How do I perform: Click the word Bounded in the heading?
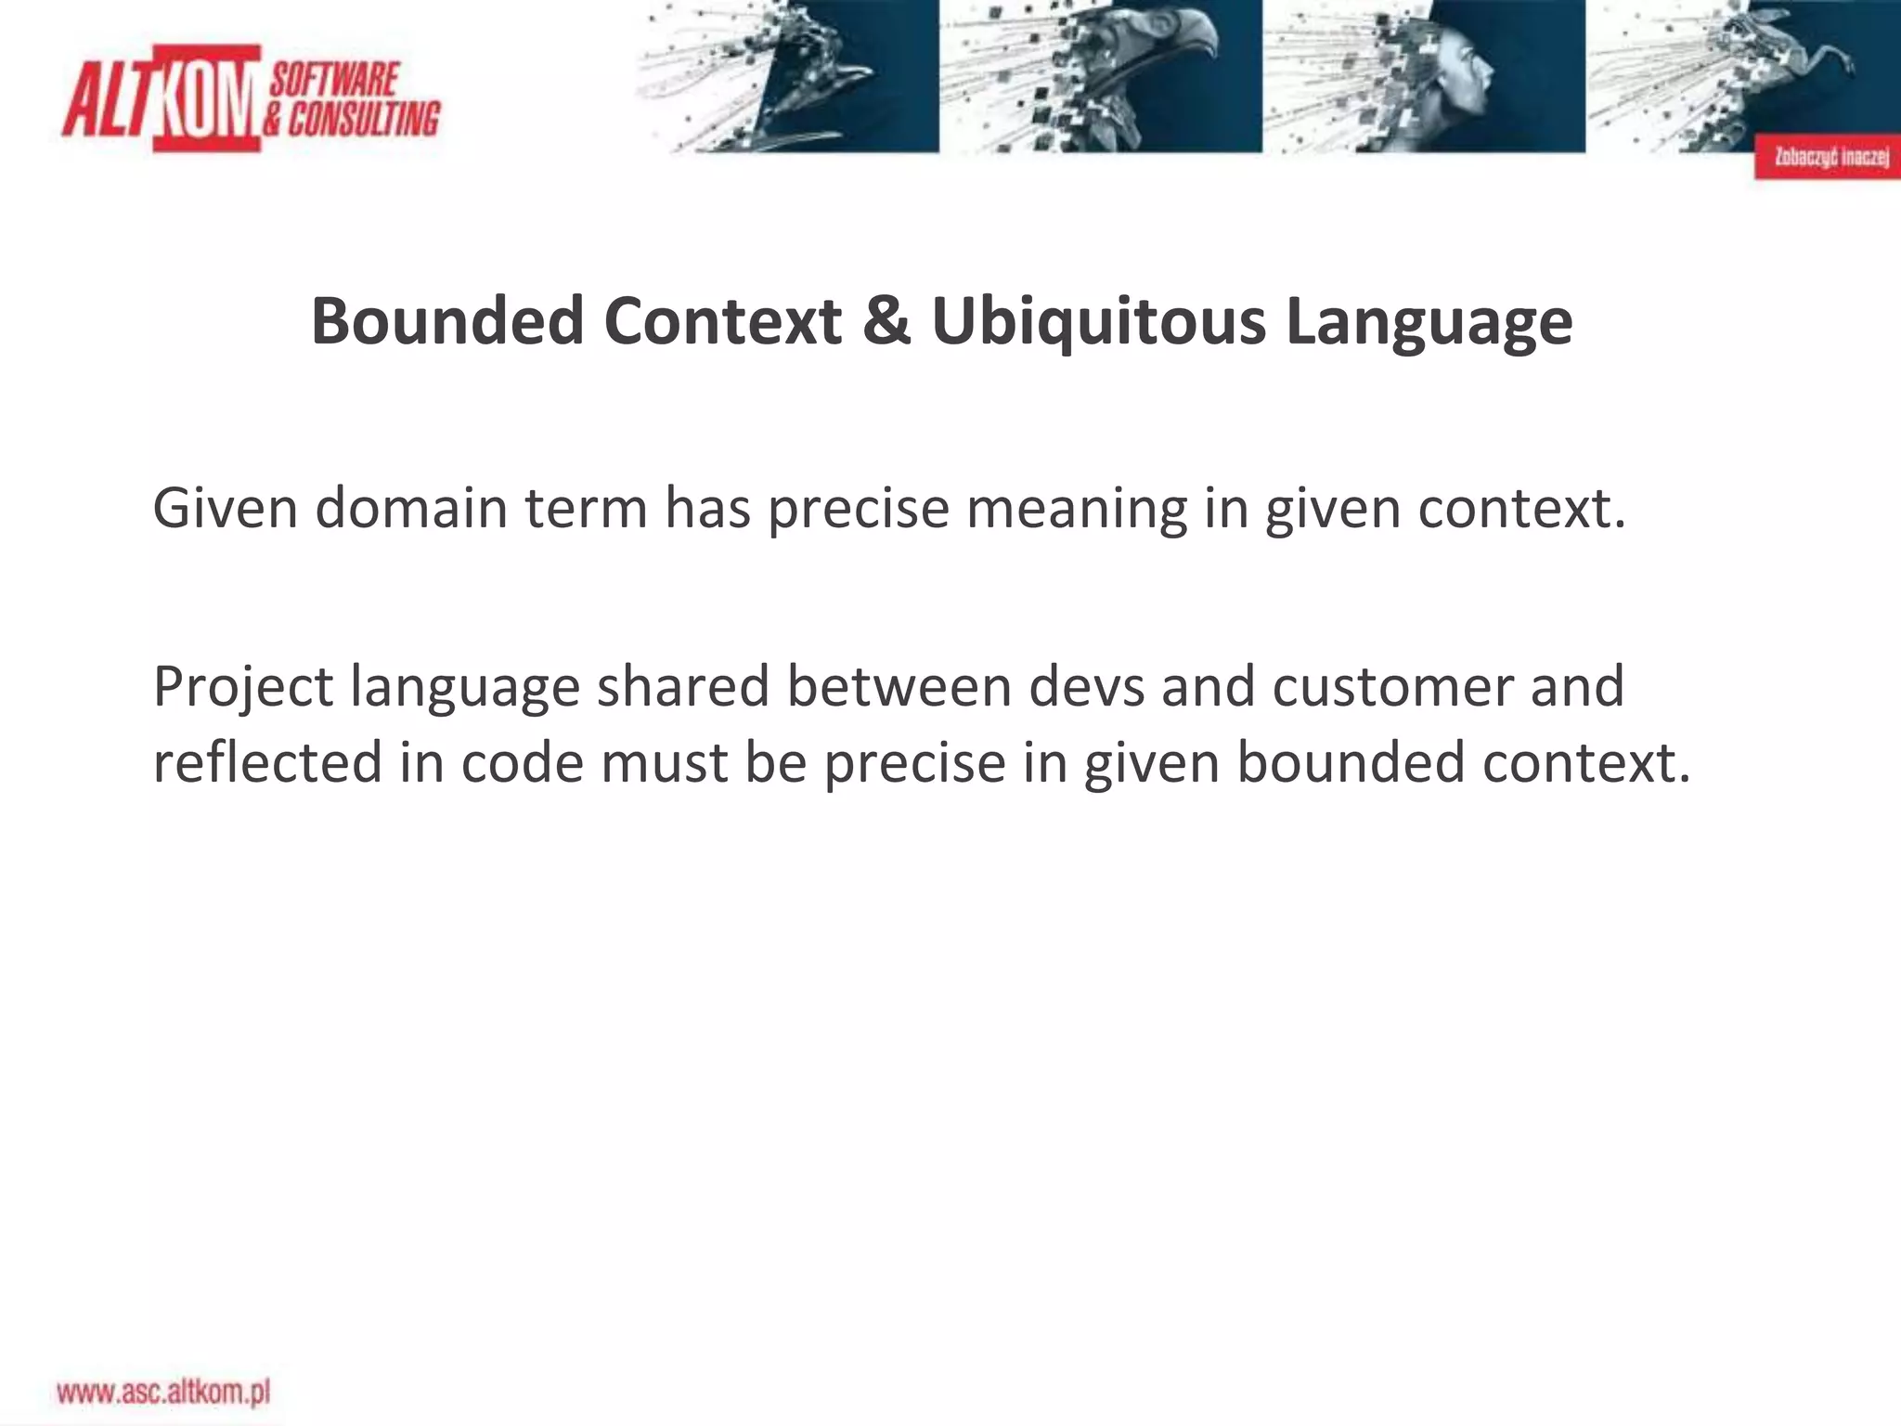tap(447, 321)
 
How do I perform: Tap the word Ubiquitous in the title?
tap(1098, 321)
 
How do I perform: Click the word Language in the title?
tap(1429, 321)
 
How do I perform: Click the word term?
tap(585, 509)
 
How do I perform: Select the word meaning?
tap(1076, 509)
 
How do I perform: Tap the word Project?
tap(242, 688)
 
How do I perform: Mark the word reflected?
tap(267, 762)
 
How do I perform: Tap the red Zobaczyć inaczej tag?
tap(1827, 157)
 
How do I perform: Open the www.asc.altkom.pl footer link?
tap(163, 1392)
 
